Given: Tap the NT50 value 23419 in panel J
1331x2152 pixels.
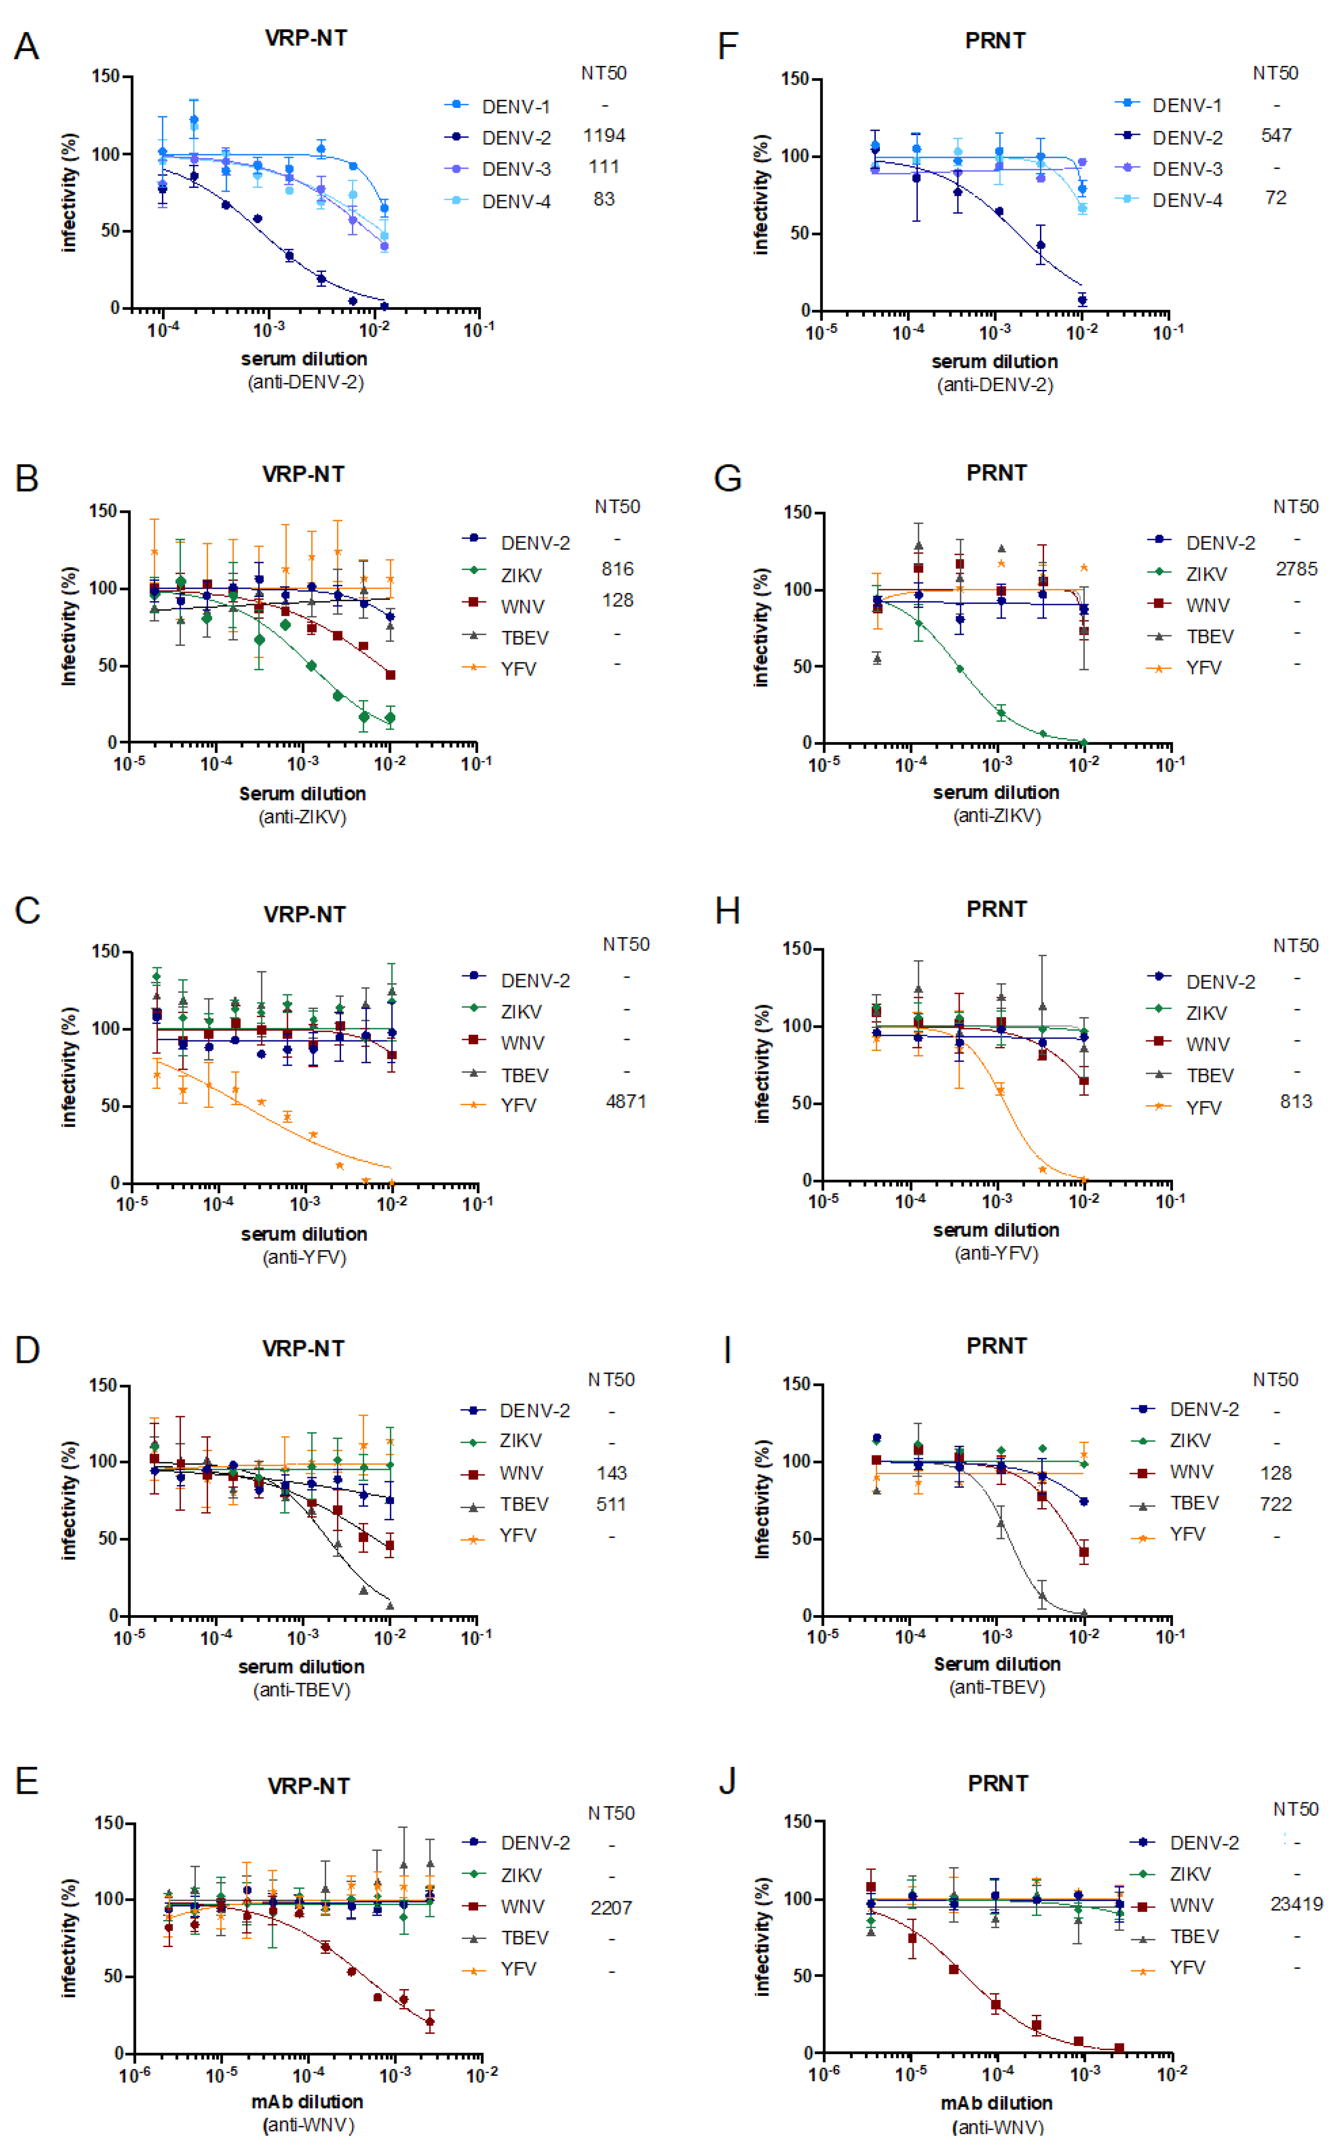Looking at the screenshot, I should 1296,1904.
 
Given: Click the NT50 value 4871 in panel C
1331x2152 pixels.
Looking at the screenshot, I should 626,1101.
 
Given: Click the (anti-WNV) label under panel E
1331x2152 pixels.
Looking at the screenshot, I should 308,2125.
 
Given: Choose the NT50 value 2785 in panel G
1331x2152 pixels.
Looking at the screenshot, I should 1296,568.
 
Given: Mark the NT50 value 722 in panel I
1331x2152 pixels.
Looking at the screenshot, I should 1276,1504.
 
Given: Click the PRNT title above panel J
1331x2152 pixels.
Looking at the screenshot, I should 998,1783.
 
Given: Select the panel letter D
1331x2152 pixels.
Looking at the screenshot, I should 27,1349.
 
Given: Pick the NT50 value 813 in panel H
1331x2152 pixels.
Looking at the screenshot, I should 1296,1101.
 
